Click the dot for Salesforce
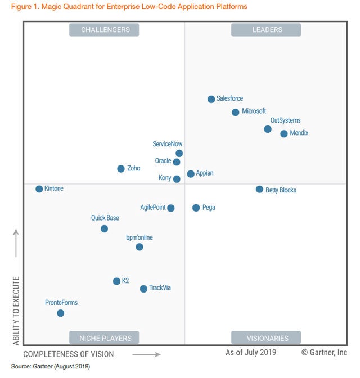click(211, 99)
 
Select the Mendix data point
click(284, 133)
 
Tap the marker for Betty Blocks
click(259, 190)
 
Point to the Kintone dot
click(39, 189)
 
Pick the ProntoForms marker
click(60, 313)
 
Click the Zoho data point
click(121, 169)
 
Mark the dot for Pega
click(196, 208)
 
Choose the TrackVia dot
click(143, 289)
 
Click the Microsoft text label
click(254, 111)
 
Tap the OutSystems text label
click(285, 120)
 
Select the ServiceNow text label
click(168, 144)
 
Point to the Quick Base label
click(105, 218)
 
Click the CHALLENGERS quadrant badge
click(105, 30)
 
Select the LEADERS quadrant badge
click(267, 30)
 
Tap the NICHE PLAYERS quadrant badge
click(105, 338)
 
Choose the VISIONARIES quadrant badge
click(267, 338)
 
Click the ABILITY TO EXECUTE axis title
click(16, 310)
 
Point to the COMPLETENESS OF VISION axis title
click(68, 354)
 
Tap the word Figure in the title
click(21, 7)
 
